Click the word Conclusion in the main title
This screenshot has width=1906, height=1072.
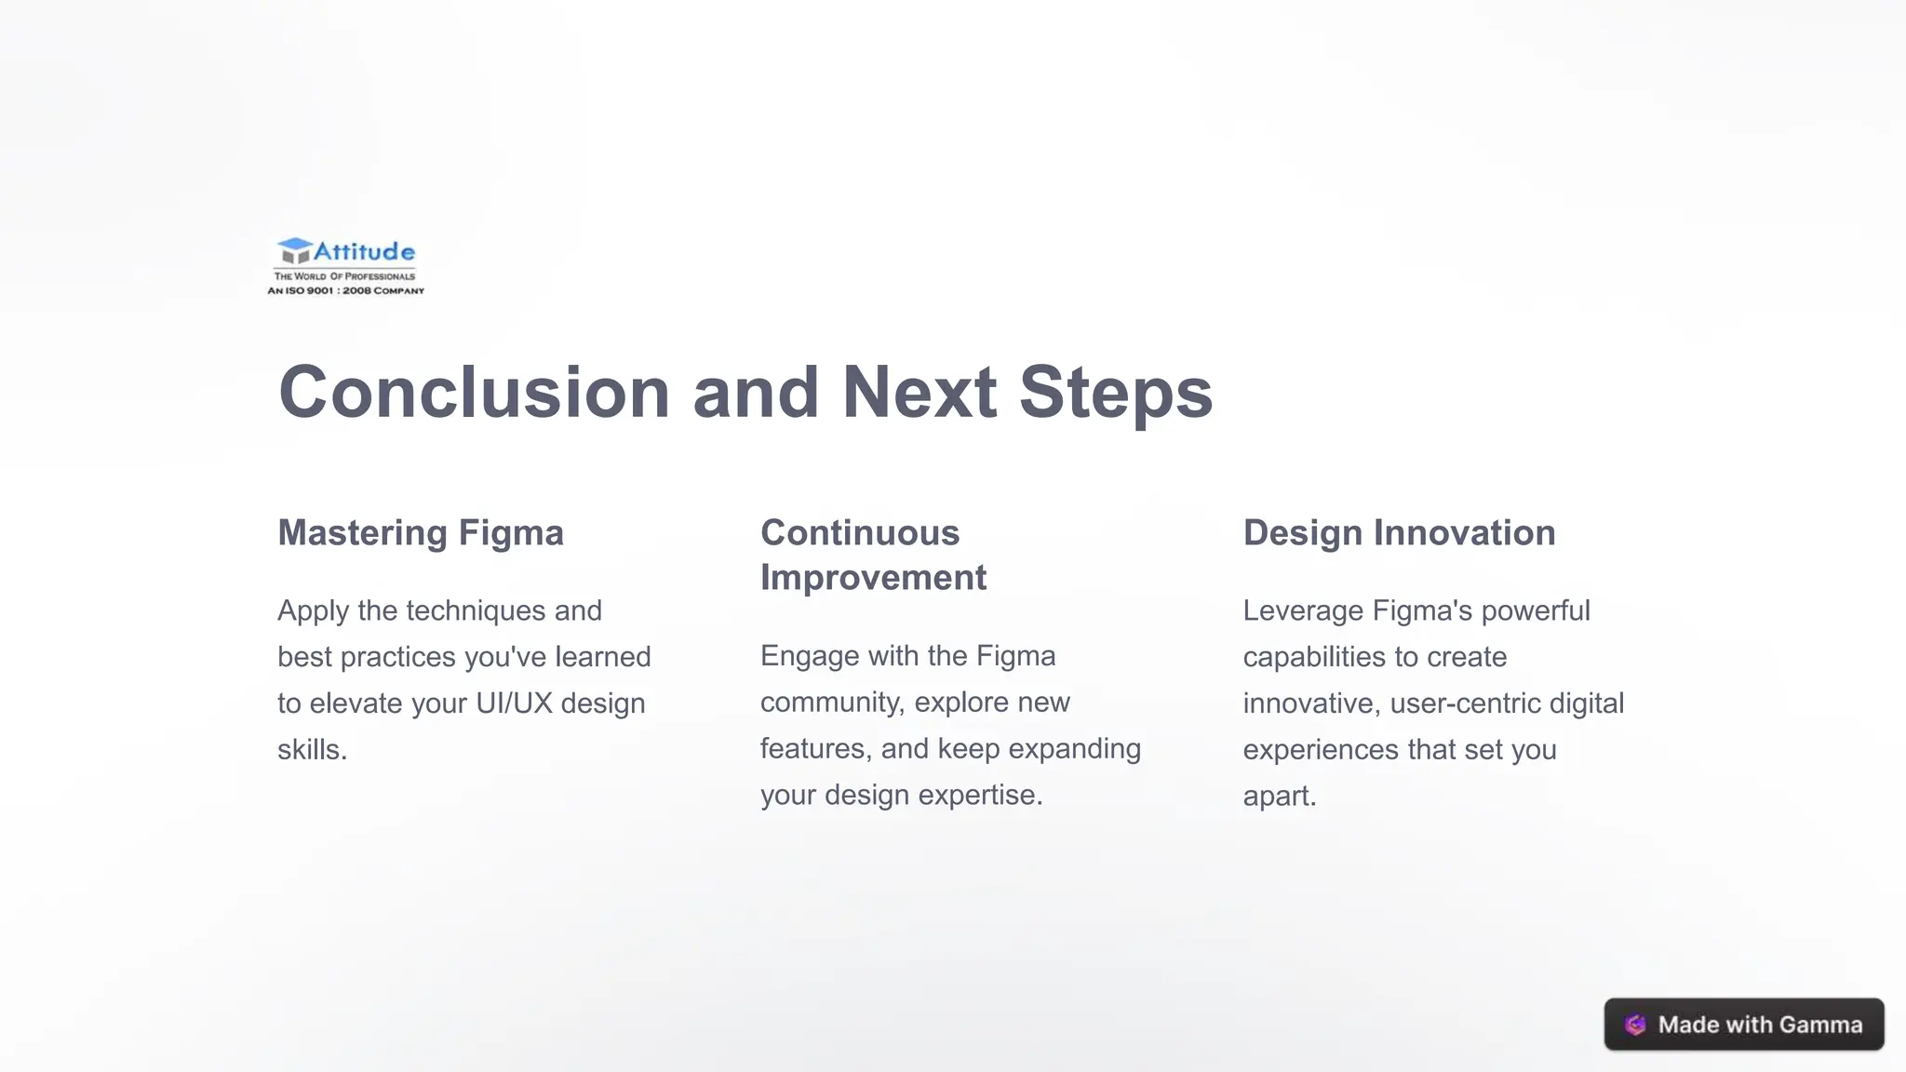coord(474,392)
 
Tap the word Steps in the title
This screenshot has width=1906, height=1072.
coord(1115,392)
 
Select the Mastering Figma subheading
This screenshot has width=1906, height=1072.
coord(421,533)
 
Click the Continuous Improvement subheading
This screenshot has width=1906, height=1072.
coord(873,556)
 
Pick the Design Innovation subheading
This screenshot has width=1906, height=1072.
coord(1399,533)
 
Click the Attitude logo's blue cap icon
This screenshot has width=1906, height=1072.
coord(294,250)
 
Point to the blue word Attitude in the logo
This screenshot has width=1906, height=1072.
coord(364,251)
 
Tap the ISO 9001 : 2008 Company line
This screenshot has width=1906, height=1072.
coord(345,291)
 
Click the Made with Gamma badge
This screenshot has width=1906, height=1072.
coord(1743,1025)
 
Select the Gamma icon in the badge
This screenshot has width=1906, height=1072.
coord(1635,1025)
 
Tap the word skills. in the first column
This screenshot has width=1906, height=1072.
coord(312,750)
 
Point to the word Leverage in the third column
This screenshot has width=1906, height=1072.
coord(1303,611)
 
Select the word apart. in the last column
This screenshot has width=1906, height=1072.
coord(1279,797)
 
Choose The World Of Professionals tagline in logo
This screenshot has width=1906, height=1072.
coord(344,276)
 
